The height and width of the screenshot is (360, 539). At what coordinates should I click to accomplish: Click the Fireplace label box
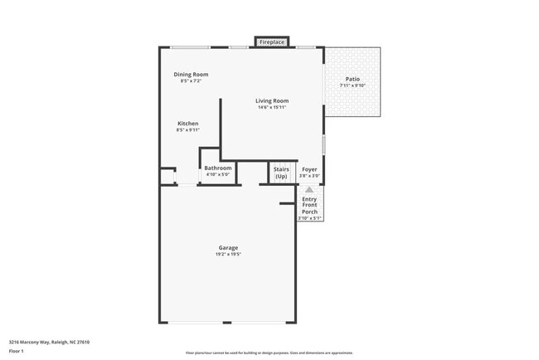[x=272, y=41]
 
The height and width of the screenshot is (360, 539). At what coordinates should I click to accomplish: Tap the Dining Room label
[x=191, y=75]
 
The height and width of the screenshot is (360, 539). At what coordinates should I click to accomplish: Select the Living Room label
[x=272, y=101]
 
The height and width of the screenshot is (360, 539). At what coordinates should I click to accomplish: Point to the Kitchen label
[x=187, y=124]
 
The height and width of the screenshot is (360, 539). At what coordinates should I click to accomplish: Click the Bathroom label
[x=218, y=168]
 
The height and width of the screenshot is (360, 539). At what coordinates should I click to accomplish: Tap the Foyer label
[x=309, y=169]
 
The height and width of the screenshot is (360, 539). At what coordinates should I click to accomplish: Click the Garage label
[x=228, y=248]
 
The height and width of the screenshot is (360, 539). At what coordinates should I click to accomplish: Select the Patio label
[x=352, y=80]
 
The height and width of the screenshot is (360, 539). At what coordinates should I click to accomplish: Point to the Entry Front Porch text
[x=309, y=205]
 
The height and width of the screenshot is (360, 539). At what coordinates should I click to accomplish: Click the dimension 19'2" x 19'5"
[x=228, y=254]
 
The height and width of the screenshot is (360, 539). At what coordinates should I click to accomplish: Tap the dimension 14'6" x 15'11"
[x=272, y=107]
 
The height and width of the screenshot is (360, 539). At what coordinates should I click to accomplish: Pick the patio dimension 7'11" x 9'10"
[x=352, y=85]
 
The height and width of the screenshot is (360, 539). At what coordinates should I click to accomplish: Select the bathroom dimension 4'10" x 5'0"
[x=218, y=174]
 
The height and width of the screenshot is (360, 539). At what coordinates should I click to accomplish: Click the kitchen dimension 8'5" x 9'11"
[x=187, y=129]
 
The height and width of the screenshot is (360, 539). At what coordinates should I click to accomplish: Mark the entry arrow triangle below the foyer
[x=309, y=190]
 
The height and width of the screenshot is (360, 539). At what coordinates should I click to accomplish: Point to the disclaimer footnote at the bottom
[x=269, y=353]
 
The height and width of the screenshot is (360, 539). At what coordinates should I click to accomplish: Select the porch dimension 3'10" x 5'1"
[x=309, y=218]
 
